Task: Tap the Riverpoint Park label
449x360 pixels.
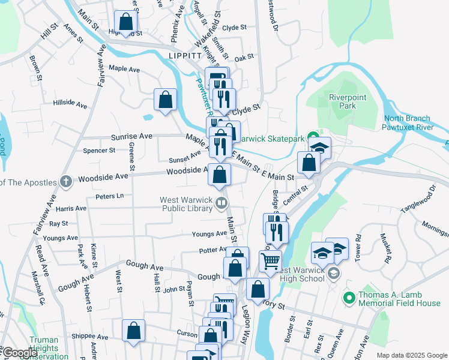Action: point(343,101)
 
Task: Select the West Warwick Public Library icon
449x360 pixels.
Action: point(221,203)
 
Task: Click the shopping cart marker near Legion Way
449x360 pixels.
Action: point(270,262)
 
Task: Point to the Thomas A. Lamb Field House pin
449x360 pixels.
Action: point(349,296)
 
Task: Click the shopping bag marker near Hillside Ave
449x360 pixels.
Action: point(165,100)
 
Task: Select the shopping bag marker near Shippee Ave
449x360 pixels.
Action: point(133,331)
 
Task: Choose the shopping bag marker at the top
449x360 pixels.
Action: point(127,23)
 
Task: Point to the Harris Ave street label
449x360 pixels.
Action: point(71,208)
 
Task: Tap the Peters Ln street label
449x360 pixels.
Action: point(109,196)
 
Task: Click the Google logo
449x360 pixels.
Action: point(20,353)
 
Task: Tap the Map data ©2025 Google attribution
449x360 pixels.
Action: point(411,355)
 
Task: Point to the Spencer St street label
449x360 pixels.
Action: point(99,150)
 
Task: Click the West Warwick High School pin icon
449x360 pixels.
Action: point(334,274)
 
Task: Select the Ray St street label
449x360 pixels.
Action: point(59,223)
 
